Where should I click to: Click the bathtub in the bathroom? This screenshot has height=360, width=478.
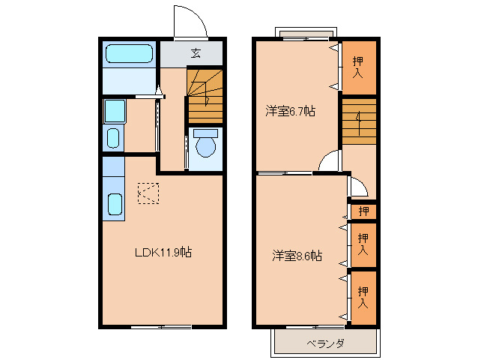pos(129,54)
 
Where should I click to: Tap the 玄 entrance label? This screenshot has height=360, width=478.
pos(196,52)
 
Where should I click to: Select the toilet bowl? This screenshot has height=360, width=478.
pos(205,144)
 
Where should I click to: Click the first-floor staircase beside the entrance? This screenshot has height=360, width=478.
pos(205,96)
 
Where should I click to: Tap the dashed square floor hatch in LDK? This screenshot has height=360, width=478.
pos(148,193)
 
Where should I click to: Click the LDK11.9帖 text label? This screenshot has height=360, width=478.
pos(163,253)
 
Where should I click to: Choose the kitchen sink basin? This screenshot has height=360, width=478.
pos(115,204)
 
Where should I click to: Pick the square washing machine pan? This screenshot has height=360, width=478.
pos(114,111)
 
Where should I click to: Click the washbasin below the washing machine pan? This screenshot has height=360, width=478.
pos(113,138)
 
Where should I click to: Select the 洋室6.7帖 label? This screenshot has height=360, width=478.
pos(289,112)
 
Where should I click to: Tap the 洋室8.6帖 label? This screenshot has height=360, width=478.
pos(297,256)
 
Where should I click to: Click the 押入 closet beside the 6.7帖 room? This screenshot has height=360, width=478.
pos(358,68)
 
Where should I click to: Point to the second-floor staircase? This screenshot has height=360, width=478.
pos(358,120)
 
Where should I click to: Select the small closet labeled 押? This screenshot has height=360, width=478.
pos(363,211)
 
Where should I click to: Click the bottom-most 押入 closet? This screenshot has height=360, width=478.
pos(363,298)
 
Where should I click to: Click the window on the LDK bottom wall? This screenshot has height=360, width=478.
pos(160,327)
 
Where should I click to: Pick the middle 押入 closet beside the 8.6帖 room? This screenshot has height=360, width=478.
pos(363,244)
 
